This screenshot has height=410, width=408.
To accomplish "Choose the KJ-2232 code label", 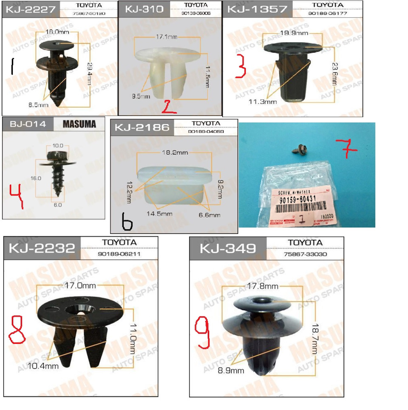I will point(42,248).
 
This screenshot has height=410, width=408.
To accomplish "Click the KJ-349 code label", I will point(227,248).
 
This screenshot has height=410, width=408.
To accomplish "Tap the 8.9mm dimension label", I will point(231,370).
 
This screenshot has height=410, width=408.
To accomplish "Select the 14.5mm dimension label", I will point(160,213).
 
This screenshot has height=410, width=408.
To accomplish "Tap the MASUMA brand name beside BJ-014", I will point(79,124).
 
